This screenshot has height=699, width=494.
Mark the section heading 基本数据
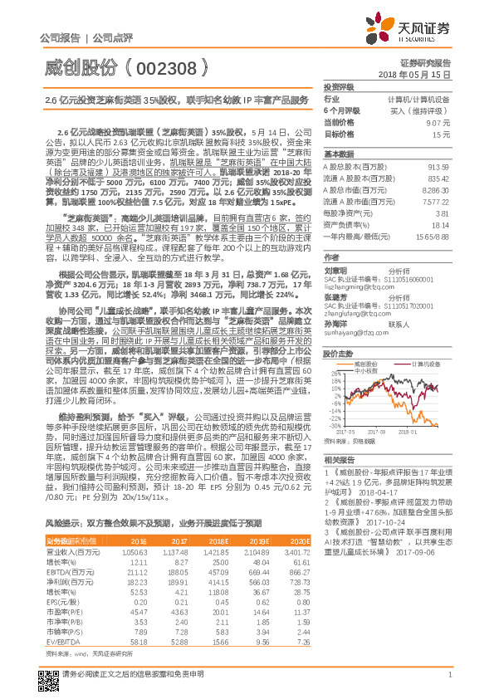coord(339,154)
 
